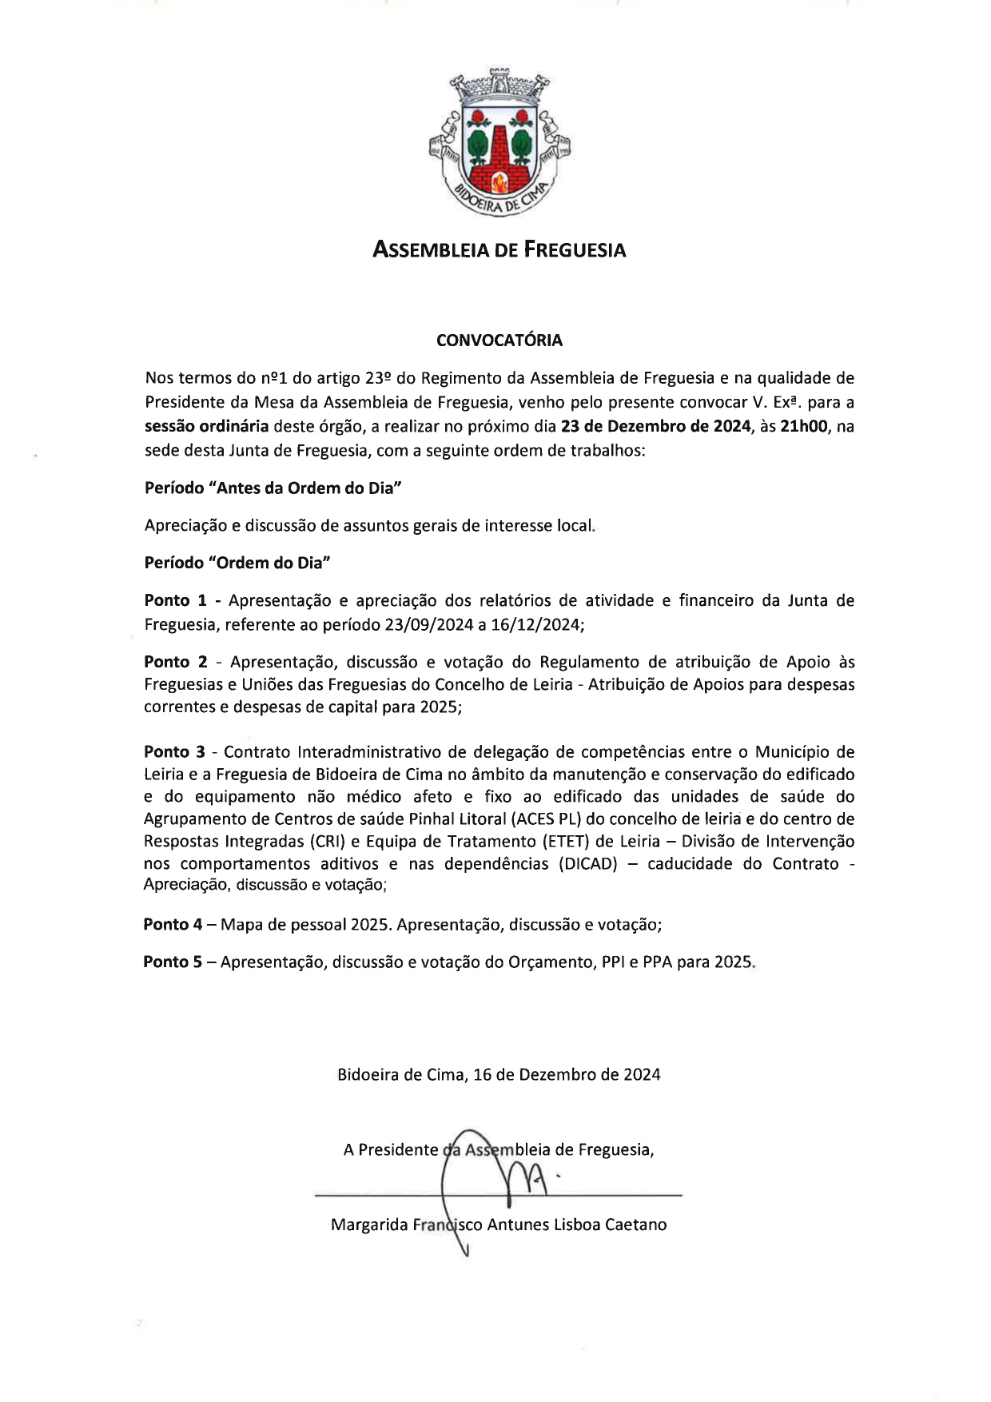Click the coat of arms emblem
(x=499, y=144)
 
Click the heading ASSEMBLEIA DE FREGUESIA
(x=499, y=250)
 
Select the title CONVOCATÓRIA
(x=499, y=341)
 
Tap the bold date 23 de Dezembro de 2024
(x=655, y=426)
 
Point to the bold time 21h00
(x=803, y=426)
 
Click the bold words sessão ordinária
(x=206, y=426)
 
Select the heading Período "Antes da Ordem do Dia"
(x=273, y=488)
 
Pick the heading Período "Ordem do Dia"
(x=237, y=563)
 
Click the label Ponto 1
(x=175, y=600)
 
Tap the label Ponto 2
(x=175, y=662)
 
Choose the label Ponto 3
(x=175, y=752)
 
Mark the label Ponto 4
(x=173, y=925)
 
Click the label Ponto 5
(x=173, y=962)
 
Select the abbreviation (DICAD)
(x=588, y=864)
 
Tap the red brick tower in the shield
(x=499, y=156)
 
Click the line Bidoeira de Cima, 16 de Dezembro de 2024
(x=499, y=1075)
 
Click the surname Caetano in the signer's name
(x=635, y=1225)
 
